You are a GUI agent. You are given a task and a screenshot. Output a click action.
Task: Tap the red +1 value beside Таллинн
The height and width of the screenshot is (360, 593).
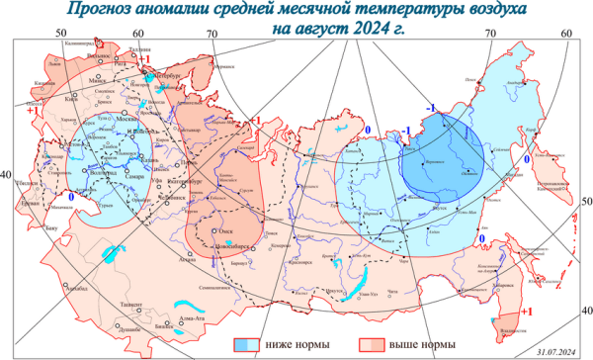(x=143, y=59)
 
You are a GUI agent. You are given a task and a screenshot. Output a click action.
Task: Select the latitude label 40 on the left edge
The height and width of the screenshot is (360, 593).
(x=7, y=175)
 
